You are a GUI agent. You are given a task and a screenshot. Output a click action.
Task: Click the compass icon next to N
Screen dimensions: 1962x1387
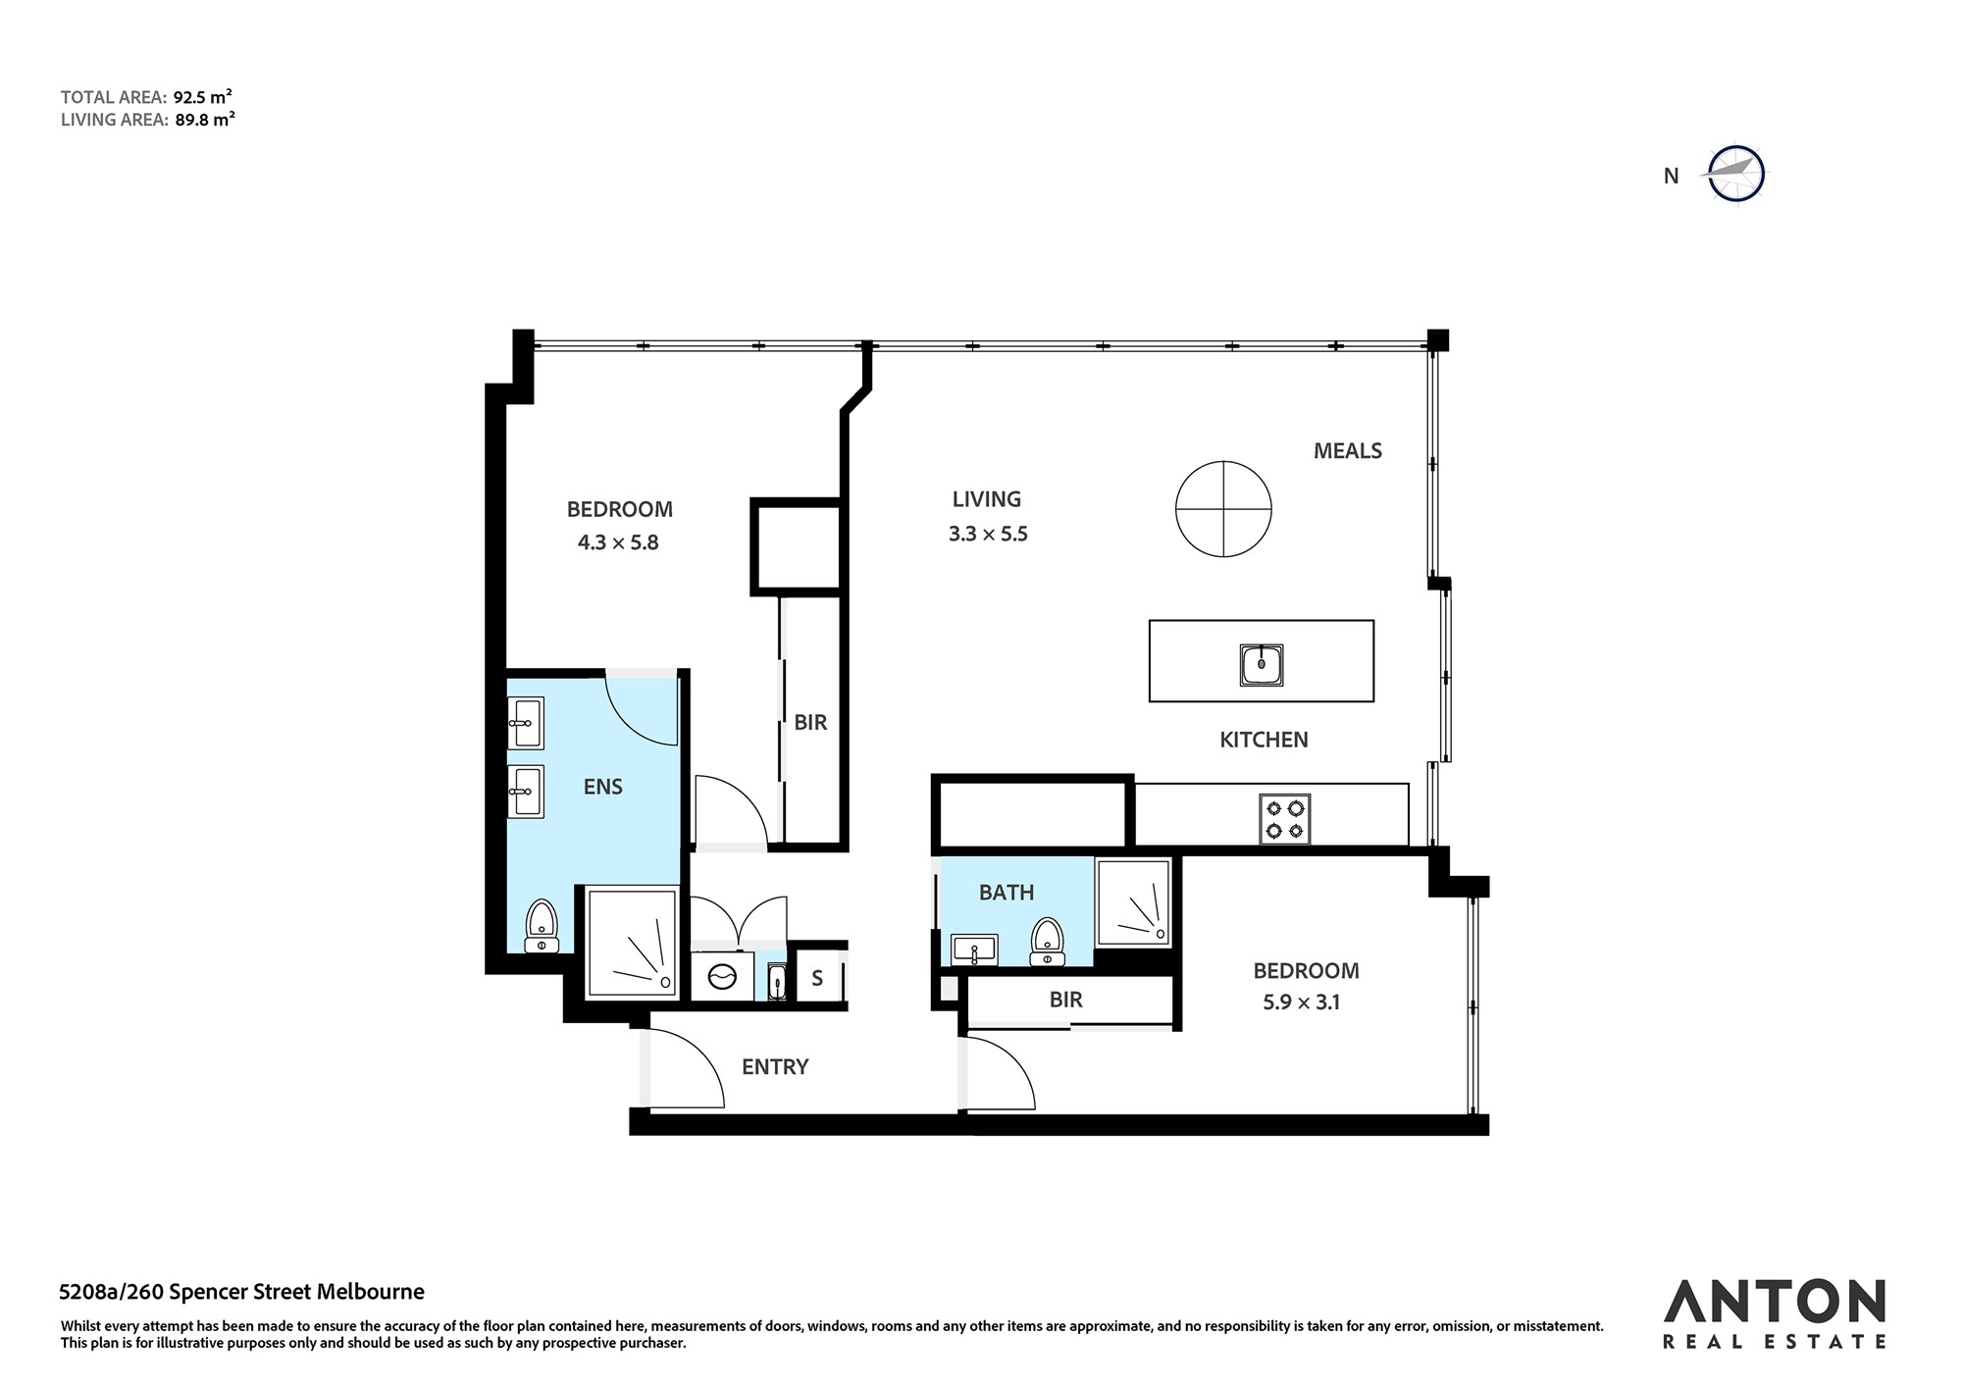1736,176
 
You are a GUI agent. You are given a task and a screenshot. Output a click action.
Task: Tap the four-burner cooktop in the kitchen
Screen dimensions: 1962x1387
1285,819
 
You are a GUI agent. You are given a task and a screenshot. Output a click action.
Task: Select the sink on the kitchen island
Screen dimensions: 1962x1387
1261,666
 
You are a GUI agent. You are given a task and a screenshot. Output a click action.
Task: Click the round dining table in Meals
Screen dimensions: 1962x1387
1224,509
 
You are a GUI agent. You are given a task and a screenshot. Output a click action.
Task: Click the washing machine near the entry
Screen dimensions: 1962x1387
722,976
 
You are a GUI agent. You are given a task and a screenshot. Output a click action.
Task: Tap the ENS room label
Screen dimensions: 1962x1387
602,787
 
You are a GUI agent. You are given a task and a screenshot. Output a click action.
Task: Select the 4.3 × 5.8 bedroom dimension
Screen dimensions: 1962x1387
618,542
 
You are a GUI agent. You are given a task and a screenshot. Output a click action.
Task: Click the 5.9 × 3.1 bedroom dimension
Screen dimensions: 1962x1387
1300,1002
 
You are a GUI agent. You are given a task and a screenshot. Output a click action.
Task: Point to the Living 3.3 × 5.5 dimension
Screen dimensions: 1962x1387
988,535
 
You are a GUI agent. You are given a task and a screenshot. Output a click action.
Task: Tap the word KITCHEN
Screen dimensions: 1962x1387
1264,740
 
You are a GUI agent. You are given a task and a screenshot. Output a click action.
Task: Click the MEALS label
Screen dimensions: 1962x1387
1348,451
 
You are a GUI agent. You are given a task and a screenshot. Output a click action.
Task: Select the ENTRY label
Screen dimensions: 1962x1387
775,1067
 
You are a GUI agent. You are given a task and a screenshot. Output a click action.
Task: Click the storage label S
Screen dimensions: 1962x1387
817,978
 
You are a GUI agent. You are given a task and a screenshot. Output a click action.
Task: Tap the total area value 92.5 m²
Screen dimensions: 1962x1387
203,97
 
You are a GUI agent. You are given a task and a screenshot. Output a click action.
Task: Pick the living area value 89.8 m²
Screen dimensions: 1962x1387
204,120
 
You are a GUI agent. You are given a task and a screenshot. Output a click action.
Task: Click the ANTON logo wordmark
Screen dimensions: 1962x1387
1774,1303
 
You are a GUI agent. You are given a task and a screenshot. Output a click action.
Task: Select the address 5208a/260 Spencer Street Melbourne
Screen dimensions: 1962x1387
242,1292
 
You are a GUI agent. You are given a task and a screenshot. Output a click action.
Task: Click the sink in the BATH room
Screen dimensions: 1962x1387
974,950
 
